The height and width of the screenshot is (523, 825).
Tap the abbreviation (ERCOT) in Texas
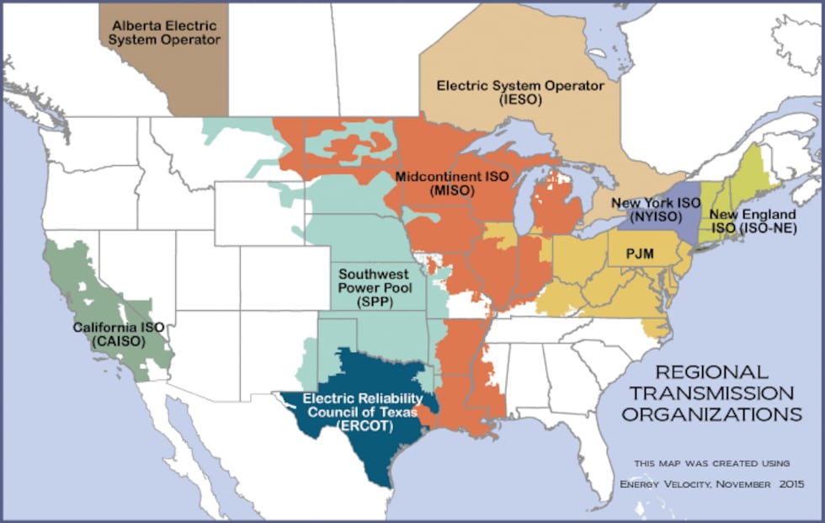pos(360,428)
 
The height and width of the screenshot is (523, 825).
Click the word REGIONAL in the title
pos(711,371)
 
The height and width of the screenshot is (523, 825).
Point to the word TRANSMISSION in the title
pos(724,393)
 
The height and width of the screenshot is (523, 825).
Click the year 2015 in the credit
pos(789,483)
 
